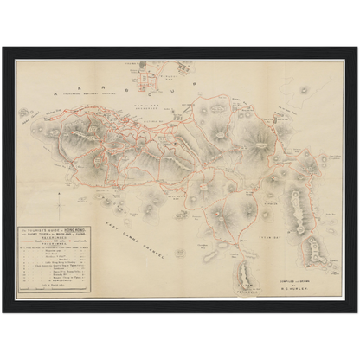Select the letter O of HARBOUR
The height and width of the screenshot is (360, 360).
click(x=171, y=88)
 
